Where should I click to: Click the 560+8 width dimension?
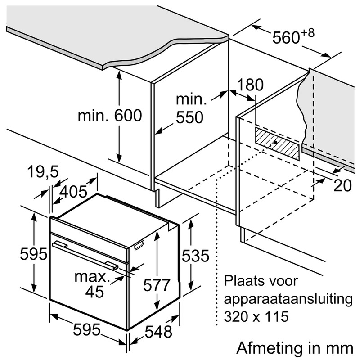293,36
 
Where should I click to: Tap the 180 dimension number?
250,85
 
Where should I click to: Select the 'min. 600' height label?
110,116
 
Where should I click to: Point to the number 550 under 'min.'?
189,117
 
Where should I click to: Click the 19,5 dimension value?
43,172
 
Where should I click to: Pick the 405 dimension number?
73,192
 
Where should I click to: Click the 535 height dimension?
196,255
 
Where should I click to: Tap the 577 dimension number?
156,285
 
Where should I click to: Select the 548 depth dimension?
158,332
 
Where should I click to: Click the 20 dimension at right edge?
342,185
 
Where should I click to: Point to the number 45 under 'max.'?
94,292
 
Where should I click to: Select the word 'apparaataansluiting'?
288,299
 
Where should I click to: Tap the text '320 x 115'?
256,316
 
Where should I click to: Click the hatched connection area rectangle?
277,144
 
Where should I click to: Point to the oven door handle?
85,255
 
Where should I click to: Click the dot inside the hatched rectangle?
275,142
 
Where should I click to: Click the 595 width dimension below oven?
87,330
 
